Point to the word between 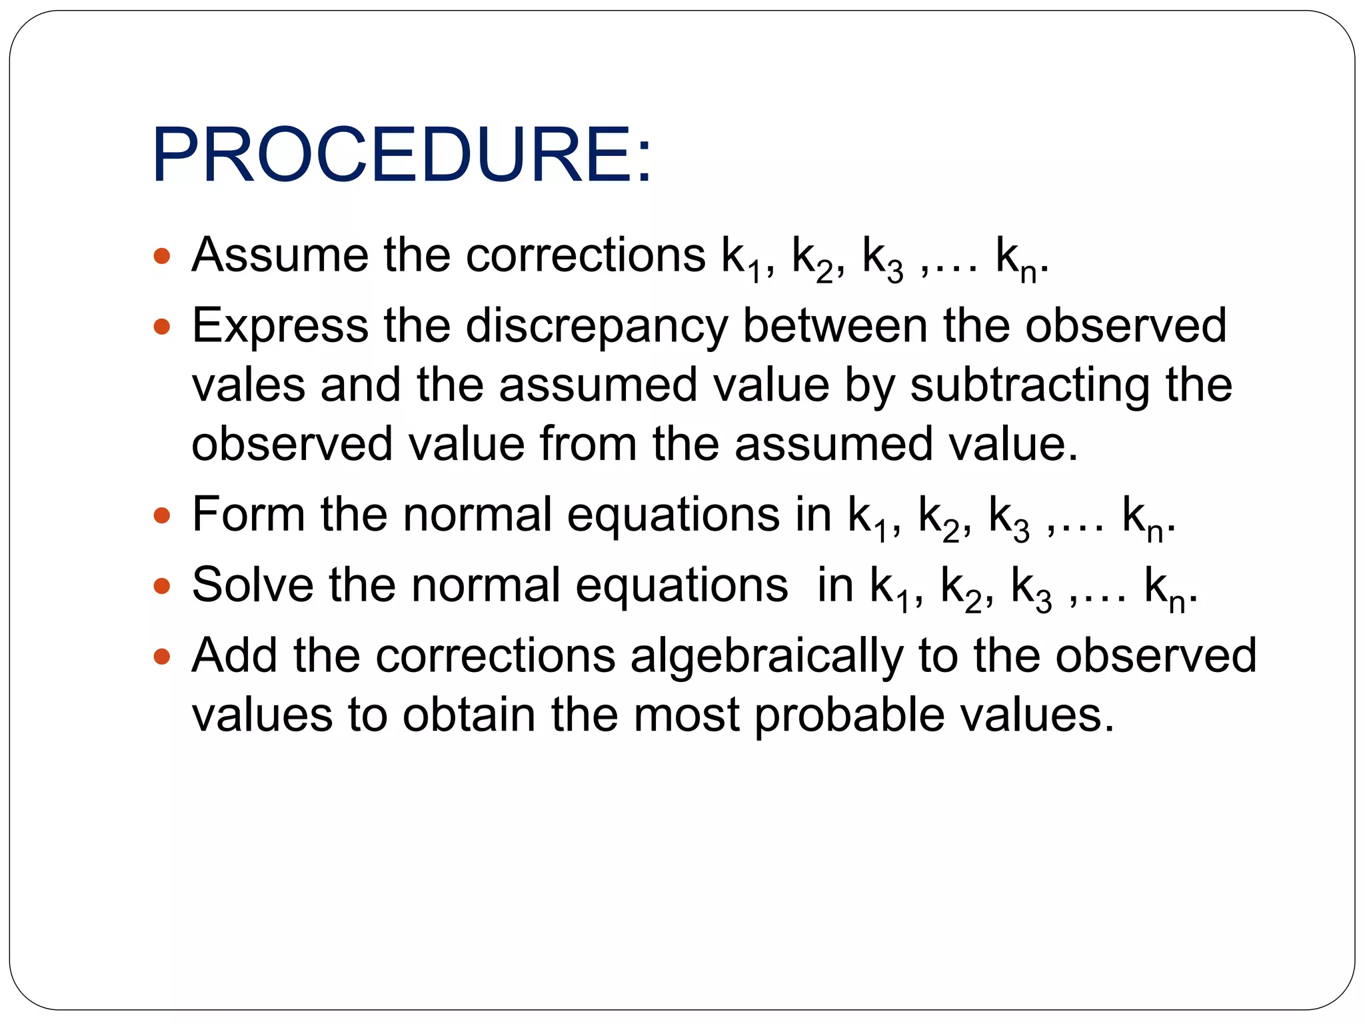pos(834,325)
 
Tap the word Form pos(248,515)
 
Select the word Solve pos(252,585)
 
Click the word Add pos(233,655)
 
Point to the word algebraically pos(766,657)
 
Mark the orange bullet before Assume pos(162,256)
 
